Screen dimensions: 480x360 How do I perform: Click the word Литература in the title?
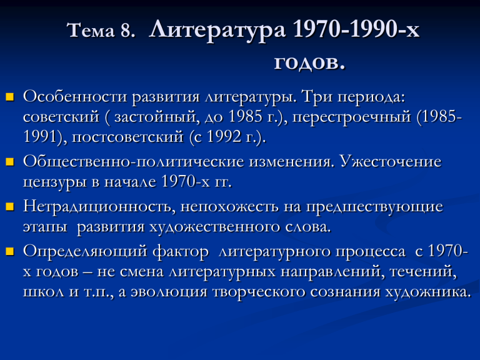[217, 31]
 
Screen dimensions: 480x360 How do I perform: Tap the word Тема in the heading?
[91, 31]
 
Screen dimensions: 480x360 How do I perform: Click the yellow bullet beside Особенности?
[10, 97]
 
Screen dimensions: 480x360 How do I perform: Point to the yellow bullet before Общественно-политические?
[10, 162]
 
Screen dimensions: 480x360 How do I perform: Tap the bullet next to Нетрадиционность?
[10, 207]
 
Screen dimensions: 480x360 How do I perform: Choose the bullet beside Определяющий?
[10, 251]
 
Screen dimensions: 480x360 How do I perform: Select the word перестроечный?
[351, 117]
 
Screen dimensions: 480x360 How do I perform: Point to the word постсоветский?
[127, 137]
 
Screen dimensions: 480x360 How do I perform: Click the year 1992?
[224, 136]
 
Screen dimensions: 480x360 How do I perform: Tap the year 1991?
[41, 136]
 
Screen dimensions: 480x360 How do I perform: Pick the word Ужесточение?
[391, 161]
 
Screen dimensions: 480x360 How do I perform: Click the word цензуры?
[55, 182]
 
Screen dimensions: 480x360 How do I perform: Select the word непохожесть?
[229, 207]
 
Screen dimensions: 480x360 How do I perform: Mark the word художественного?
[215, 227]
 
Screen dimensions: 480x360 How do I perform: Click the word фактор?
[181, 252]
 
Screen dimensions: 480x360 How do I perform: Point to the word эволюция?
[169, 292]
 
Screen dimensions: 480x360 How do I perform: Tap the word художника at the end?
[427, 292]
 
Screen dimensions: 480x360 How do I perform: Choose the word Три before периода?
[317, 97]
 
